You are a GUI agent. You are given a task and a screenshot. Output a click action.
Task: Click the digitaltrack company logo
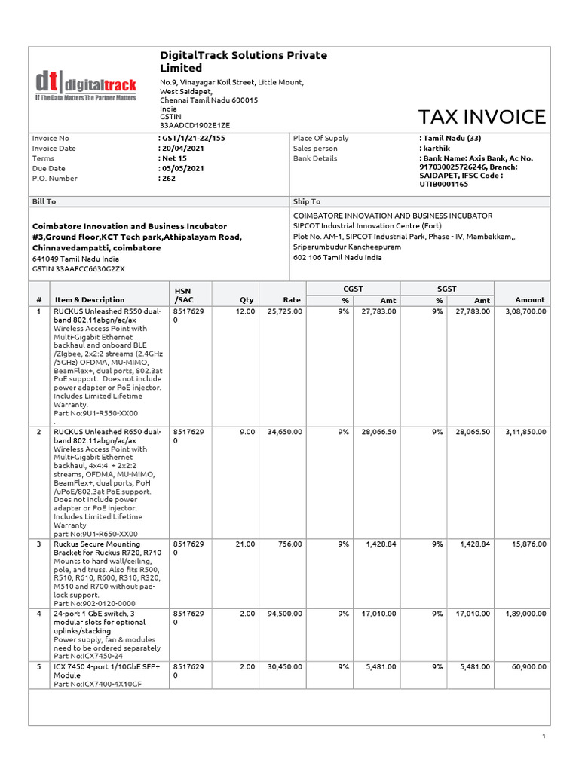[x=85, y=85]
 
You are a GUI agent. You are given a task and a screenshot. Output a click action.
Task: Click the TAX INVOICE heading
[x=481, y=117]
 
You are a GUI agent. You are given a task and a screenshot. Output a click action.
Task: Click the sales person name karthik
[x=437, y=149]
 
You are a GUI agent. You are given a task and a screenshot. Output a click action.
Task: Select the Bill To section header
[x=44, y=201]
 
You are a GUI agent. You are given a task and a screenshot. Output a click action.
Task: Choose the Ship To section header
[x=306, y=201]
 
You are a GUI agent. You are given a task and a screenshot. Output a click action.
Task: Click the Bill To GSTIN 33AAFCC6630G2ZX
[x=78, y=268]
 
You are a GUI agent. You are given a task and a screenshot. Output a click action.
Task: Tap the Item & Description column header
[x=90, y=300]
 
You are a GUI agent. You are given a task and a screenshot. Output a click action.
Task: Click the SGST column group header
[x=447, y=289]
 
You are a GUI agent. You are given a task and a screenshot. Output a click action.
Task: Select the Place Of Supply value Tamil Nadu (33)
[x=450, y=139]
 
